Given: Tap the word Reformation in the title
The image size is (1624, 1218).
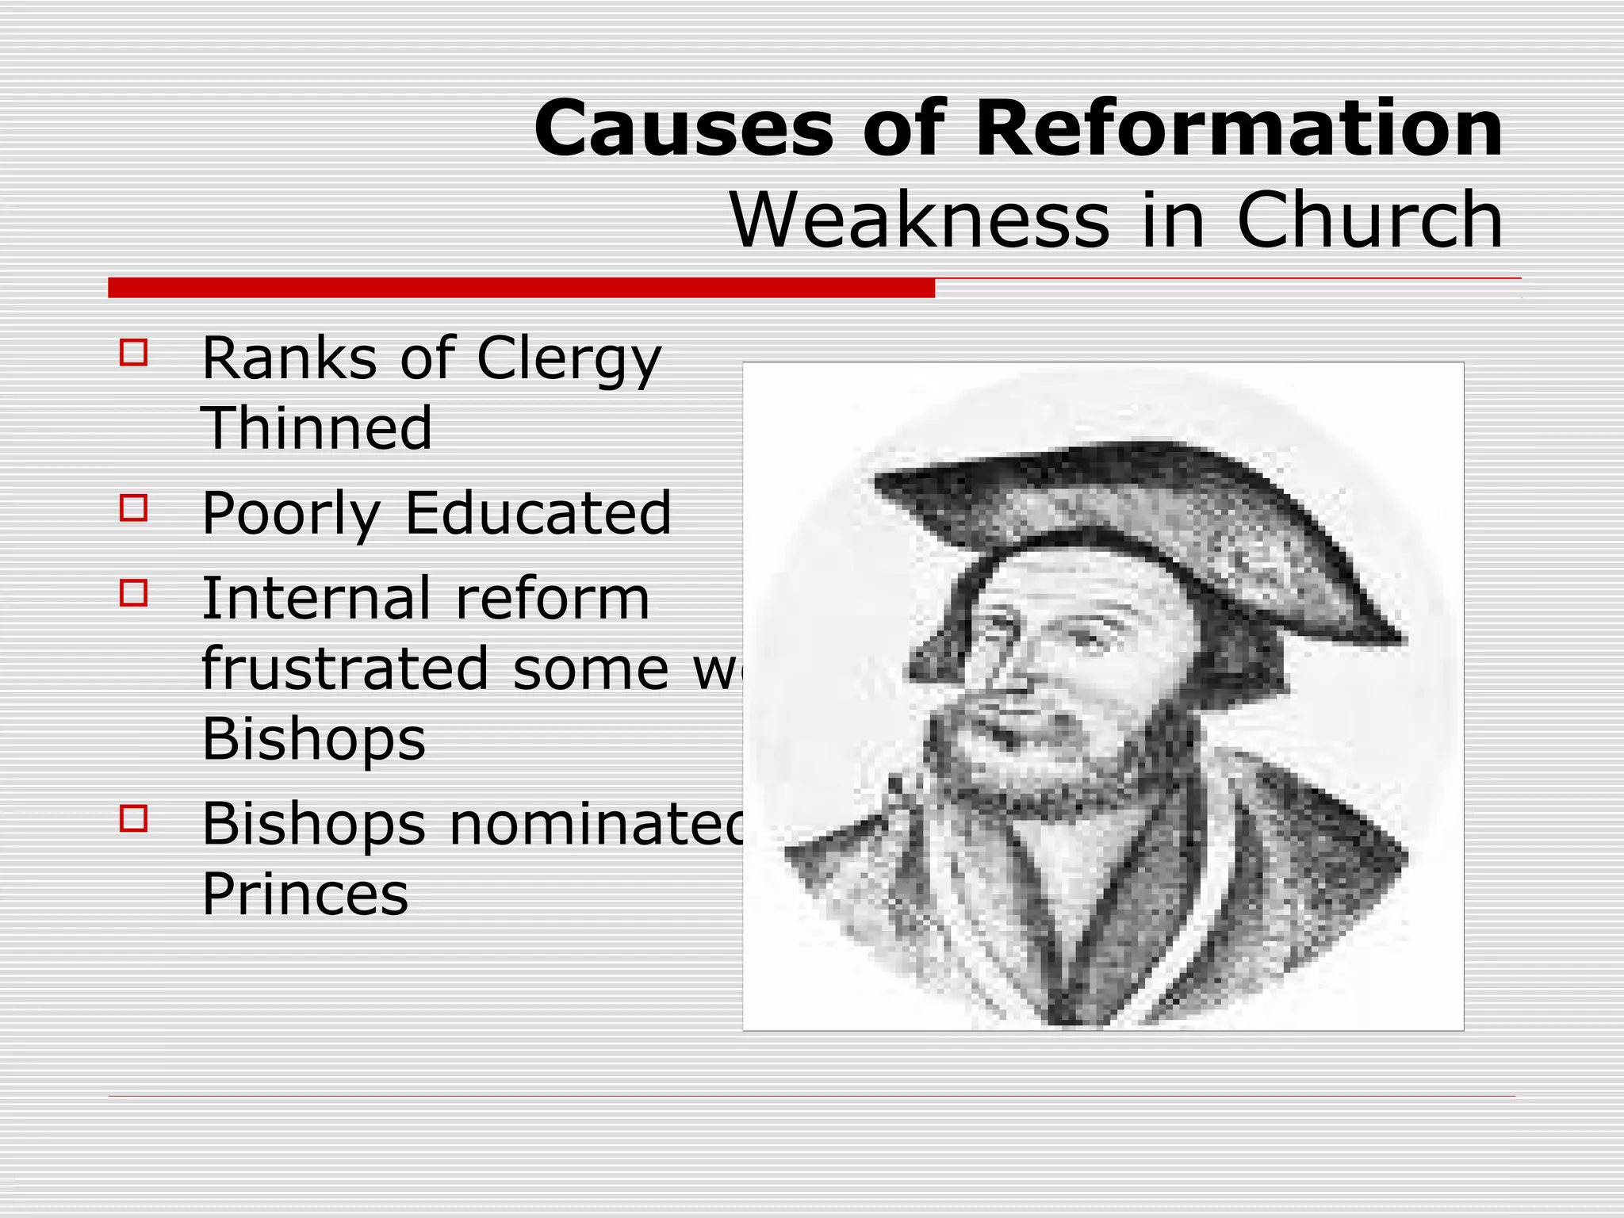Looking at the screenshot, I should [1239, 128].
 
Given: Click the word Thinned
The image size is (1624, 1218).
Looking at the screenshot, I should [317, 428].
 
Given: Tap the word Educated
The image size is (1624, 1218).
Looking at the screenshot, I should [538, 514].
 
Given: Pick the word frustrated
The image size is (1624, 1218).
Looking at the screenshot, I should [344, 668].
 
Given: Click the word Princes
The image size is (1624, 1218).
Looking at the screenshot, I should [305, 894].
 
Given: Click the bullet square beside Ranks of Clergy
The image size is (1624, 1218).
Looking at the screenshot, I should [134, 353].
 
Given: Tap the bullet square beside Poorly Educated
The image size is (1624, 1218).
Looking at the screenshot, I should [134, 508].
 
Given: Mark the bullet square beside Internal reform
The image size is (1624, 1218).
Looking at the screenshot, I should [134, 593].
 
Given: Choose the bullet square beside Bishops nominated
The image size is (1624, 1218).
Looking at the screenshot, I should [134, 818].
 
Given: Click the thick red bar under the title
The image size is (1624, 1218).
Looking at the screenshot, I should [521, 288].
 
